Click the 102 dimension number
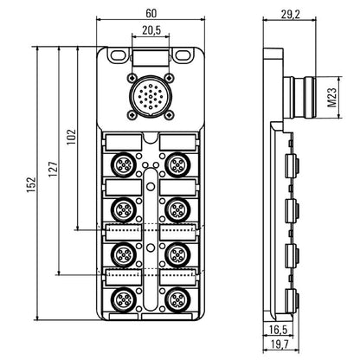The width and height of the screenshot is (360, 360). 71,138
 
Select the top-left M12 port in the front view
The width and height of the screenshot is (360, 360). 123,163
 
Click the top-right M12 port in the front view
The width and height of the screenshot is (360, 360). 177,163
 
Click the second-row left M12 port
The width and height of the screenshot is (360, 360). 123,209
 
